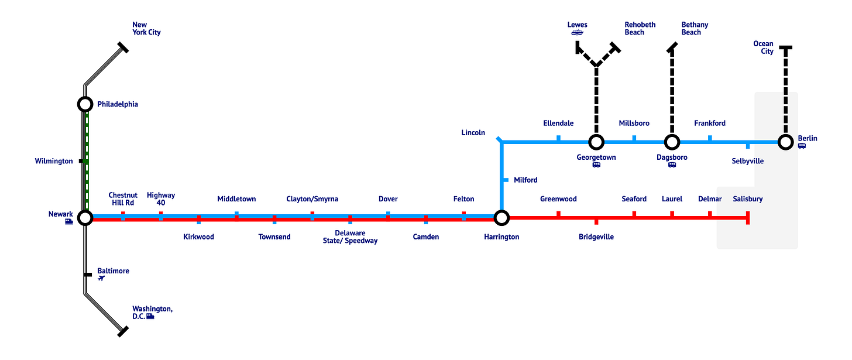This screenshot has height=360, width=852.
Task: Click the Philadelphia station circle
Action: tap(85, 104)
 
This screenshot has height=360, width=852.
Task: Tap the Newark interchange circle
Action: tap(85, 218)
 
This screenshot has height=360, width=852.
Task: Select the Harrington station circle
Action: tap(501, 218)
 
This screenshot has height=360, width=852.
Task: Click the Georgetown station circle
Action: tap(596, 142)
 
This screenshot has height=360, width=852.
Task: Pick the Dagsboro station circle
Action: tap(672, 142)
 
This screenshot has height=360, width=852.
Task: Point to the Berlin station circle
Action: tap(785, 142)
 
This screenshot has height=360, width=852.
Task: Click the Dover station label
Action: tap(388, 199)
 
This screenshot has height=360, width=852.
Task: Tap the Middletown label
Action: tap(236, 199)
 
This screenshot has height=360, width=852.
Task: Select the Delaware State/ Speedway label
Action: tap(350, 237)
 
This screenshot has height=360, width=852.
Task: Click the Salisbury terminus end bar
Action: tap(748, 218)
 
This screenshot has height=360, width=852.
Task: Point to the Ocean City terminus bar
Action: tap(785, 47)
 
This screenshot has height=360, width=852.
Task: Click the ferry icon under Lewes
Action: tap(577, 33)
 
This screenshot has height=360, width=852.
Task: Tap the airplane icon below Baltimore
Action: tap(102, 279)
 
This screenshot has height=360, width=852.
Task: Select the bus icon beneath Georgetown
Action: tap(596, 165)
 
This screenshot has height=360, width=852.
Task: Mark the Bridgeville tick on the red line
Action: tap(596, 221)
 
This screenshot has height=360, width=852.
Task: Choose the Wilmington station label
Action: tap(54, 161)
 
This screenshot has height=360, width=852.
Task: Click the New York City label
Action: tap(146, 29)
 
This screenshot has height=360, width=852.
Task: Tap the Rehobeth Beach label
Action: tap(640, 29)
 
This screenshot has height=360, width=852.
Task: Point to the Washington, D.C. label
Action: tap(152, 313)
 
